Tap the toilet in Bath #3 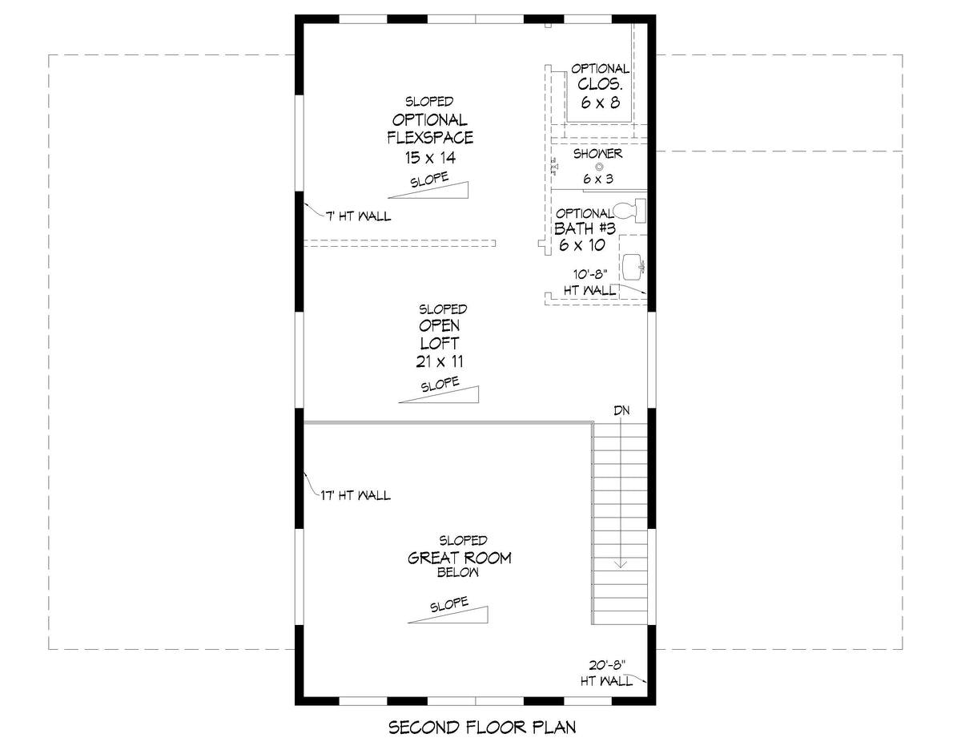pos(633,211)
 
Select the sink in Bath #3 pos(633,263)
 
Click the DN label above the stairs pos(621,410)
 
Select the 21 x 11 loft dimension pos(440,361)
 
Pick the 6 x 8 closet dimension pos(600,102)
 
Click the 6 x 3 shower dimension pos(597,179)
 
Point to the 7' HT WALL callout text pos(358,217)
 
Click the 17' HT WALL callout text pos(358,496)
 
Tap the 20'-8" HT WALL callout pos(606,673)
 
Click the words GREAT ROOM pos(460,558)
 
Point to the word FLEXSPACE pos(430,137)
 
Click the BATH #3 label pos(584,228)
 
